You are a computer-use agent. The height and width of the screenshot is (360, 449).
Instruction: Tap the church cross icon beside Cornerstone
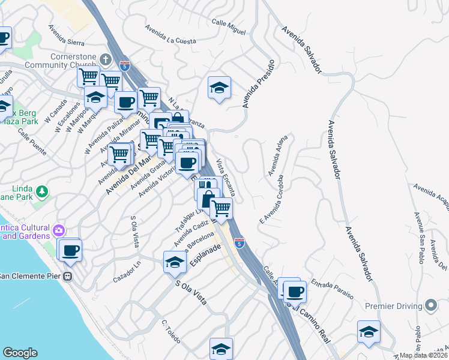coord(106,60)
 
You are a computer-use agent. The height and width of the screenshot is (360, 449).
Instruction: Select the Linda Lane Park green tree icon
coord(42,192)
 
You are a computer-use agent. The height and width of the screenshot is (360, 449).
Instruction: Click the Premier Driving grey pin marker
coord(430,306)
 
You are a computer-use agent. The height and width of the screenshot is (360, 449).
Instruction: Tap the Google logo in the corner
coord(20,353)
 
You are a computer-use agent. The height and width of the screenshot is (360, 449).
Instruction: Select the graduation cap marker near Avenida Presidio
coord(220,88)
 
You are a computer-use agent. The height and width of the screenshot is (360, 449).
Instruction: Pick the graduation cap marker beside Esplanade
coord(175,262)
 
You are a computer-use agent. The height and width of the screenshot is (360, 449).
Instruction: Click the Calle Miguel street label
coord(229,26)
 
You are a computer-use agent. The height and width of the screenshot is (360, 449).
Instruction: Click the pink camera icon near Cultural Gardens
coord(58,230)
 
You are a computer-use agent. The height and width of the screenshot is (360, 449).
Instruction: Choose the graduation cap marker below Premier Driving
coord(368,332)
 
